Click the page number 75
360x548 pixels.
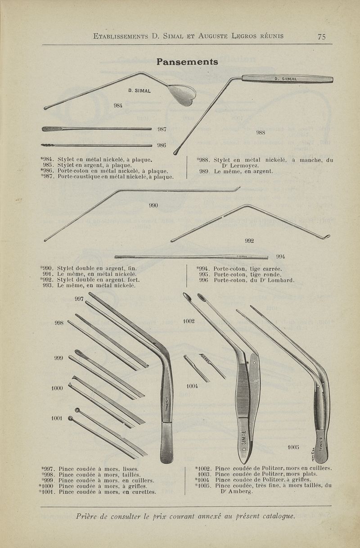pos(322,36)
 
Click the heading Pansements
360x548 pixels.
pos(187,62)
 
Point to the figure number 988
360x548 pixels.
pos(261,132)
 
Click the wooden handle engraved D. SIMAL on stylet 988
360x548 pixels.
pos(288,79)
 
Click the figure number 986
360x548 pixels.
pos(162,145)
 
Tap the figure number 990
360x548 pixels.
pos(153,205)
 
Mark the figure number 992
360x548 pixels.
pos(249,241)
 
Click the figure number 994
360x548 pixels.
pos(280,256)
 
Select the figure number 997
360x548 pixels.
pos(79,299)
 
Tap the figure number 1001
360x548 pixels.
pos(57,418)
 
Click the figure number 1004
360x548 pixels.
pos(192,386)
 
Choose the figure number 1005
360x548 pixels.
pos(293,447)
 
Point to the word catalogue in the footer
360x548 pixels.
pos(278,516)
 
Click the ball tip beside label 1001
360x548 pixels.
pos(71,418)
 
